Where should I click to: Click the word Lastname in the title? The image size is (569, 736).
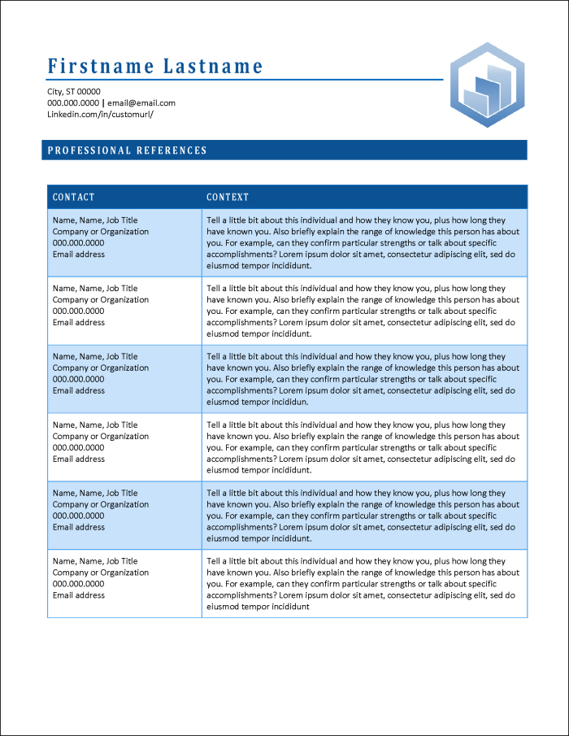click(x=214, y=66)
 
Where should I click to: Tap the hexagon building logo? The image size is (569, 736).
click(x=488, y=85)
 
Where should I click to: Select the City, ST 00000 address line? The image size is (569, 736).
click(x=74, y=92)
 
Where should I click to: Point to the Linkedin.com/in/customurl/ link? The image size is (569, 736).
click(x=100, y=115)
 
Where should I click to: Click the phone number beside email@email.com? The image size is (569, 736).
click(x=73, y=103)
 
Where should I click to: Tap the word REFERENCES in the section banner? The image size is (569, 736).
click(x=172, y=150)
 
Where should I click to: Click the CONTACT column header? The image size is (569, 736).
click(x=74, y=197)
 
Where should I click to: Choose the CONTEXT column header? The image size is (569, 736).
click(x=228, y=197)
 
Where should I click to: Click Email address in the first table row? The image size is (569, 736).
click(x=79, y=255)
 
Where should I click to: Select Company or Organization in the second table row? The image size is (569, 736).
click(x=101, y=300)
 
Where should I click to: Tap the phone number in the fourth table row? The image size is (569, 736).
click(x=79, y=447)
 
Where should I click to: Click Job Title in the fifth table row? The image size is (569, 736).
click(x=122, y=493)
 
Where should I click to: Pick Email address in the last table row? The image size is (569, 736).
click(x=79, y=595)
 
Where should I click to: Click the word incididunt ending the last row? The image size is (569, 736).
click(x=290, y=607)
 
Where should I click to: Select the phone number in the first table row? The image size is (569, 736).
click(x=79, y=243)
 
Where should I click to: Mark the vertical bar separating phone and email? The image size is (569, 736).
click(x=103, y=103)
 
